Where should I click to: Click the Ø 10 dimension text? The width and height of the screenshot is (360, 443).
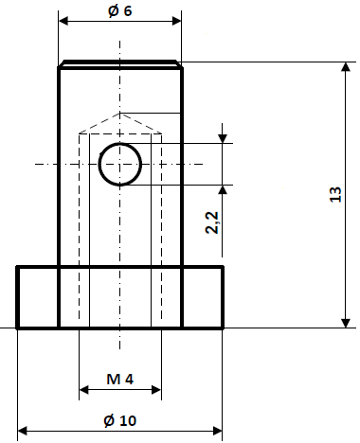[x=119, y=419]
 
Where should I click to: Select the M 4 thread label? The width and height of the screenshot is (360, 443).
[x=119, y=379]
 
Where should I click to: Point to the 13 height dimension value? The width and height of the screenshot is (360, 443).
[x=335, y=196]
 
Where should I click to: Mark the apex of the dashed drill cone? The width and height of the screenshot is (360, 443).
[x=120, y=112]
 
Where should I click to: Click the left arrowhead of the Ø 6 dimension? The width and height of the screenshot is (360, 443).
[x=64, y=20]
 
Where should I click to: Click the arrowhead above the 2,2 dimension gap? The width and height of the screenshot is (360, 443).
[x=222, y=138]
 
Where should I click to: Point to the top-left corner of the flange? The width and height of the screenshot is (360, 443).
[x=18, y=267]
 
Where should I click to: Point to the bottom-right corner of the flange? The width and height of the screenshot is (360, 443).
[x=223, y=328]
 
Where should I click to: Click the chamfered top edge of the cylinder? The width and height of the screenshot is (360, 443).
[x=120, y=64]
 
